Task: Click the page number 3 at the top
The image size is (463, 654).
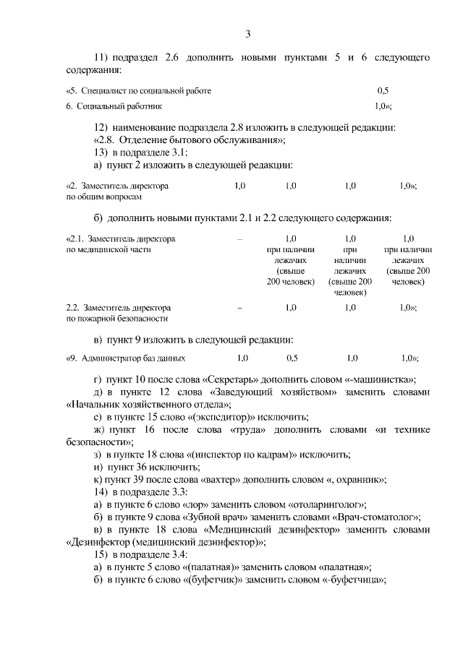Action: (x=248, y=34)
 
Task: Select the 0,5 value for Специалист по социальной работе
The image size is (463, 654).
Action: (x=383, y=91)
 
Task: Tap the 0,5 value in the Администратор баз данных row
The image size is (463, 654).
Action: (x=292, y=358)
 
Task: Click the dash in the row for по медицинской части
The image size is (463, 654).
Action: (x=239, y=238)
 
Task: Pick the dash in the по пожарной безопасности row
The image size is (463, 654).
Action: (x=239, y=307)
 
